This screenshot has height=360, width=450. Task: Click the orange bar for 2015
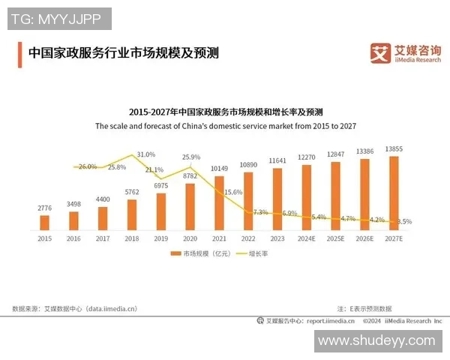point(44,222)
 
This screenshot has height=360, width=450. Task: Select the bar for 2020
point(190,205)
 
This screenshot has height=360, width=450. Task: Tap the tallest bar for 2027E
point(394,192)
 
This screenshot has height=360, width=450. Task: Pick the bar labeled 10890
point(248,199)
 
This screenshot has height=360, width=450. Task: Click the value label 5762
point(131,192)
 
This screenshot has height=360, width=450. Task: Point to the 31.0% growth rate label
point(146,154)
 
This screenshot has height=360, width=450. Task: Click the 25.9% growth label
point(191,157)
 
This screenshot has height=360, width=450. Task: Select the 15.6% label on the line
point(232,192)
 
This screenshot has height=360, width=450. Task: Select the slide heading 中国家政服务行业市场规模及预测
point(123,53)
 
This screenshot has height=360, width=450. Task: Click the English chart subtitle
point(225,126)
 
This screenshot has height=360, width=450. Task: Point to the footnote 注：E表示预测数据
point(364,308)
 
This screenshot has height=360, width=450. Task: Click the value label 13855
point(394,149)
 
